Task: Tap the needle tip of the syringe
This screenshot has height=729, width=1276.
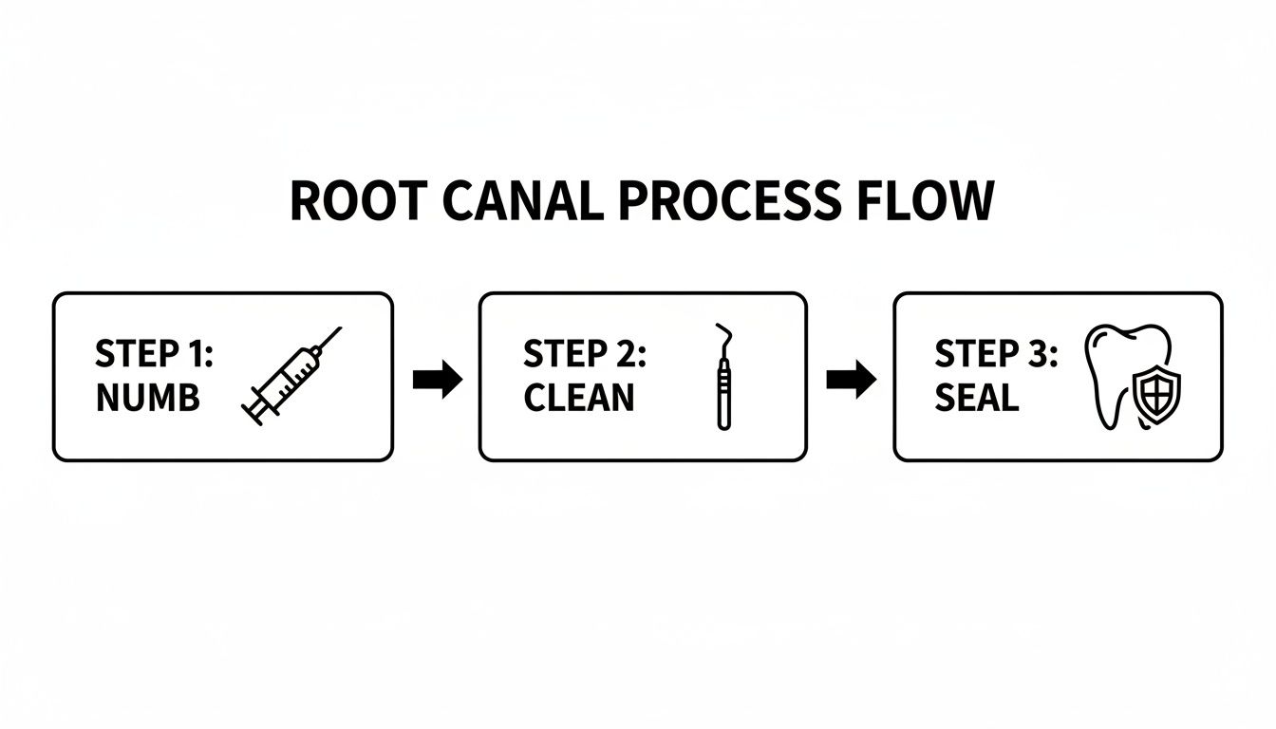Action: tap(339, 329)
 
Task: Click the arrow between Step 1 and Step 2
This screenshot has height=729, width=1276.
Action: tap(437, 380)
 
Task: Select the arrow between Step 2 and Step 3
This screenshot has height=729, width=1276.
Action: tap(851, 380)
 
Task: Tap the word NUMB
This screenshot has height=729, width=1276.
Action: tap(148, 399)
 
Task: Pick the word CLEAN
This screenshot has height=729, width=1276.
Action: tap(578, 399)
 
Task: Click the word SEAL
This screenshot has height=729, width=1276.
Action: tap(976, 399)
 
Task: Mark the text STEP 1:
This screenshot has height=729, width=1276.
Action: tap(155, 354)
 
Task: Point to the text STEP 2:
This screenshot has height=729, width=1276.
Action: tap(584, 354)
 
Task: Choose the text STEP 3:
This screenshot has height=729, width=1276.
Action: tap(996, 354)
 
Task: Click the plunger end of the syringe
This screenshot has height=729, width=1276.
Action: tap(253, 411)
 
